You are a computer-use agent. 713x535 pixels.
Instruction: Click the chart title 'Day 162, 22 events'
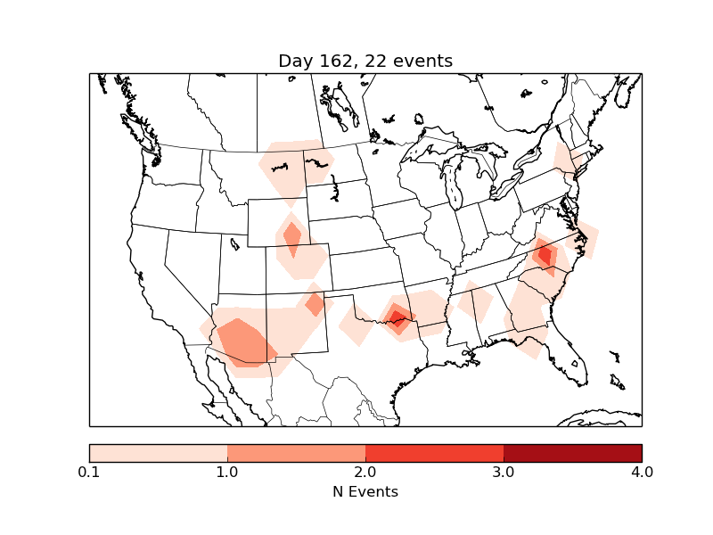(365, 61)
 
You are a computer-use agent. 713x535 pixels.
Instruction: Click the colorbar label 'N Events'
(365, 491)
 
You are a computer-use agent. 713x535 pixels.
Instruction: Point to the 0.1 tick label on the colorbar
(89, 472)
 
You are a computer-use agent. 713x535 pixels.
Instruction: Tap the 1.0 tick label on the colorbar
(227, 472)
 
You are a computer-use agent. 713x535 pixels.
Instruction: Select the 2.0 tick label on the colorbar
(365, 472)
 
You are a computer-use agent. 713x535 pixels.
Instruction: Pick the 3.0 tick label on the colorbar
(504, 472)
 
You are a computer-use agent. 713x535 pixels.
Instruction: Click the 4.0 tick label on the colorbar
(642, 472)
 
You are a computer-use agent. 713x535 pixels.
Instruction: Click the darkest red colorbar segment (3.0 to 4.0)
(572, 452)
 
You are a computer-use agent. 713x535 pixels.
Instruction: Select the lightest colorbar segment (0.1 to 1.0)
(158, 452)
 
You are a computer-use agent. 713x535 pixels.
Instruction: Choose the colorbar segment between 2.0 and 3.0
(434, 452)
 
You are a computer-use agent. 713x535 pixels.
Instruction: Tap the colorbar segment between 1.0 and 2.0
(296, 452)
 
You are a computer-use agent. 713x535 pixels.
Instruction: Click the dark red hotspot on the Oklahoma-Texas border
(397, 317)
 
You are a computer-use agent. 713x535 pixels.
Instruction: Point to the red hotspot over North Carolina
(545, 255)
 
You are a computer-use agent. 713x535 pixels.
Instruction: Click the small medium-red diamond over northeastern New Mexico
(315, 304)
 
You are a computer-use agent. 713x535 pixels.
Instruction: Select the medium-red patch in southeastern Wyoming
(291, 237)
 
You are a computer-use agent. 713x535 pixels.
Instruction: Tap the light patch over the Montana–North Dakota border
(294, 165)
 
